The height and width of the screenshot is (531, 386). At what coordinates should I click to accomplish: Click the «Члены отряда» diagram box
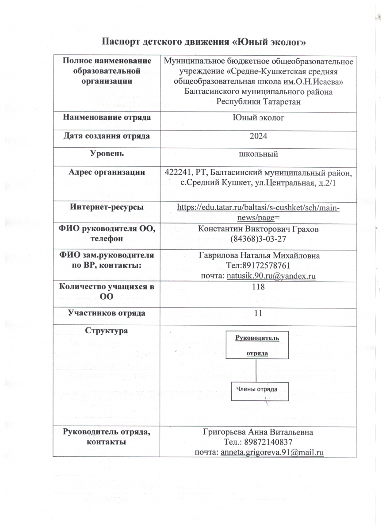click(256, 389)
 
